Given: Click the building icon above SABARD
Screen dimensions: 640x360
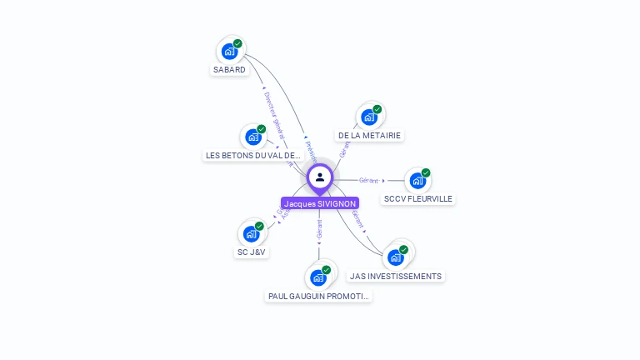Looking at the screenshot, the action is point(229,52).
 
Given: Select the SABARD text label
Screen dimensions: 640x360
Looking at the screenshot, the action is point(229,70).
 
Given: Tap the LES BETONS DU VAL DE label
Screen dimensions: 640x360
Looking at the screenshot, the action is point(253,155).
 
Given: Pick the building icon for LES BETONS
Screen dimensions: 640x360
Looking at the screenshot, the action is point(253,137).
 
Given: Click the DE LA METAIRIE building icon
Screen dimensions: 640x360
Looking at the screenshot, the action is point(369,117).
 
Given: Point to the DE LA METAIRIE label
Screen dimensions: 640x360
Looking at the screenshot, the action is point(369,135).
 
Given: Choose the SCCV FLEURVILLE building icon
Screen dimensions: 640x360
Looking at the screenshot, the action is point(417,181).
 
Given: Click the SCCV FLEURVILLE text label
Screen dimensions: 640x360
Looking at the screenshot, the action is point(418,199).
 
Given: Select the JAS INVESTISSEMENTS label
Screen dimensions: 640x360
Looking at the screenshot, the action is point(396,276).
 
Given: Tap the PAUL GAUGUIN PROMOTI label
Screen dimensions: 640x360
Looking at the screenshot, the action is point(318,296).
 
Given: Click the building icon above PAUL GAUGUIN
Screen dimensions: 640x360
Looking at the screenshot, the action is point(318,277).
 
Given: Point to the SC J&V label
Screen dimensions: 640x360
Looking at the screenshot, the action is point(252,252).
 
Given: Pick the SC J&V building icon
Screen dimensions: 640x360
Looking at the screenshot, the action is point(251,234).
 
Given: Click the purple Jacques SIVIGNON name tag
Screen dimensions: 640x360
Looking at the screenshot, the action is point(320,203).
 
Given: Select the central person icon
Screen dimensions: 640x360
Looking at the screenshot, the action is point(320,177).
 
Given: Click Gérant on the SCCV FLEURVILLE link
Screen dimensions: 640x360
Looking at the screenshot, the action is point(368,180).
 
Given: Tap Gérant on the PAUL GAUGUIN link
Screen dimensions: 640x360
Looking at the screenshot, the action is point(319,229).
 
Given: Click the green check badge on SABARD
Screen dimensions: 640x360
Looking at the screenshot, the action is point(237,43).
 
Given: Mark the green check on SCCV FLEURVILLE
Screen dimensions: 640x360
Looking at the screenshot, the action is point(426,172).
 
